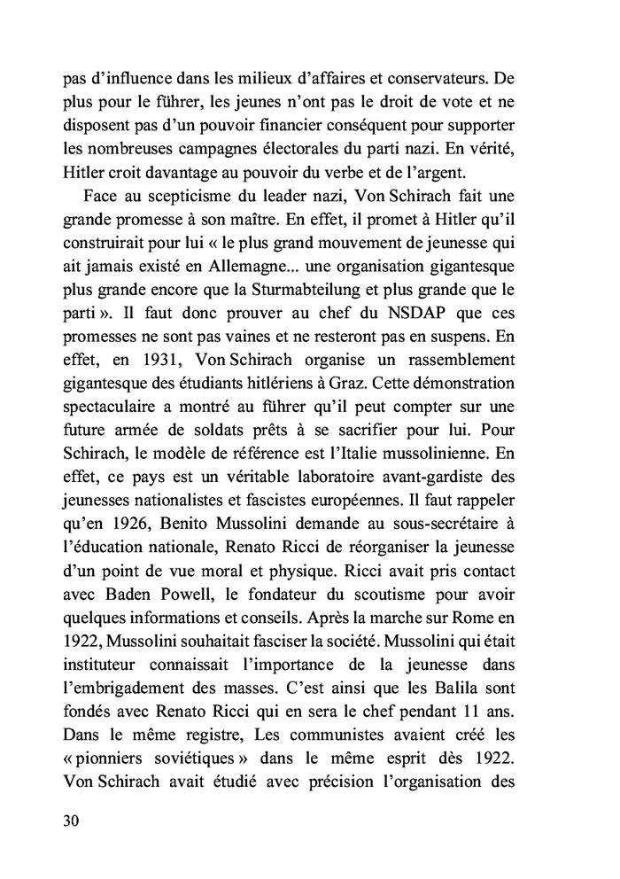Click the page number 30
pyautogui.click(x=72, y=821)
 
